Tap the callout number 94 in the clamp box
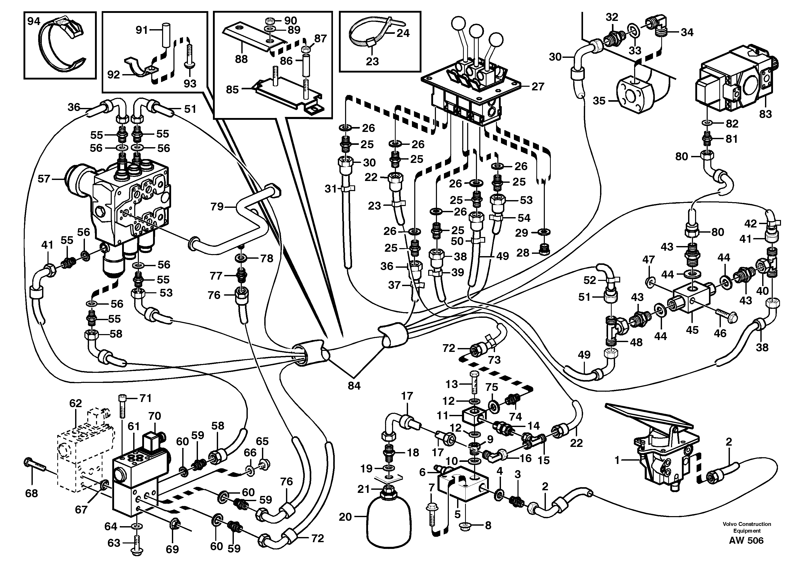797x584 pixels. tap(34, 22)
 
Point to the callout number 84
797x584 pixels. tap(354, 386)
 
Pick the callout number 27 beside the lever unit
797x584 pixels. tap(538, 86)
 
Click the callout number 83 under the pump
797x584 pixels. tap(765, 114)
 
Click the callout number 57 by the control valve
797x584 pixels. tap(44, 179)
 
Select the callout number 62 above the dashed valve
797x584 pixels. tap(75, 403)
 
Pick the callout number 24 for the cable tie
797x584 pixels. tap(403, 33)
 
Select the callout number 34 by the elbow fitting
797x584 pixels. tap(687, 33)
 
